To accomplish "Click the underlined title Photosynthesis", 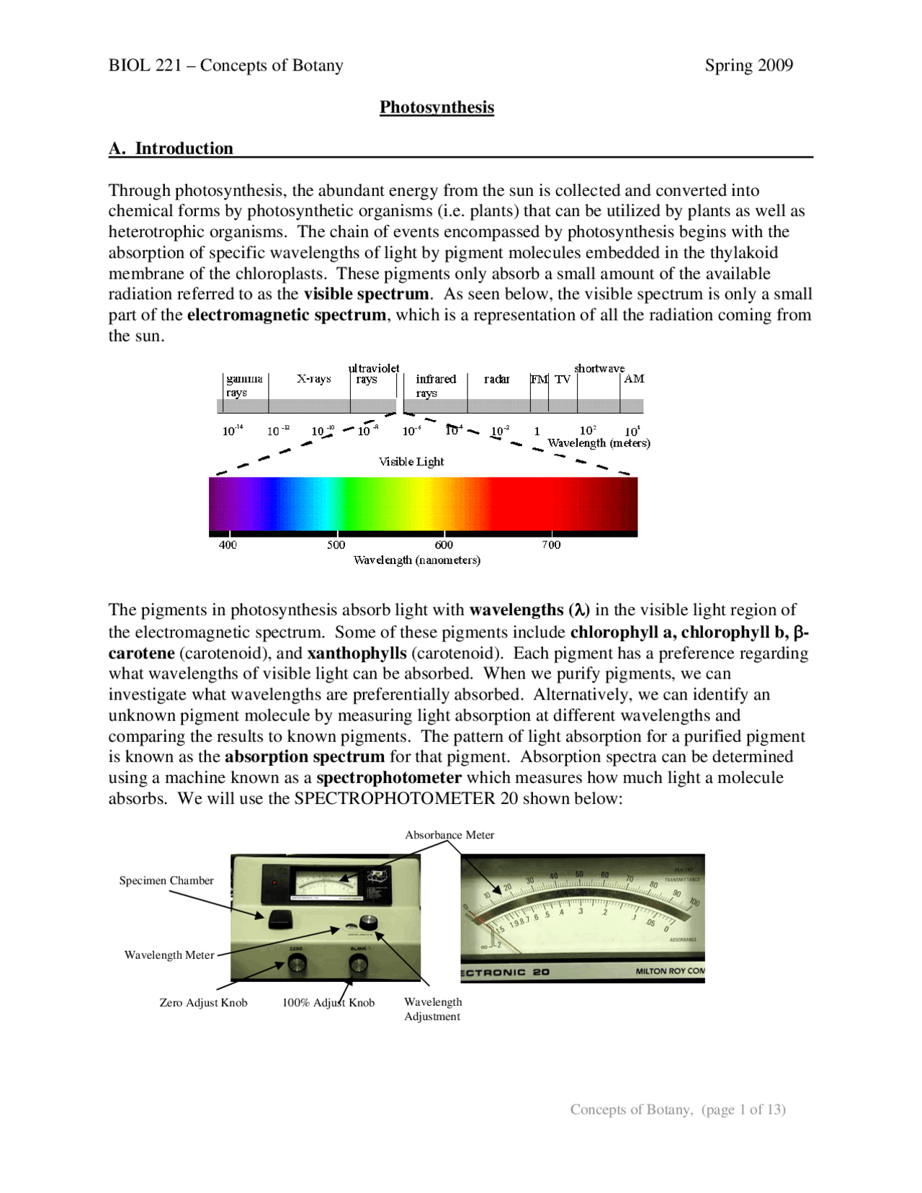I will click(x=437, y=107).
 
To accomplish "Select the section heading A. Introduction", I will click(x=171, y=148).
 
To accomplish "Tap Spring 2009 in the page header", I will click(x=748, y=66).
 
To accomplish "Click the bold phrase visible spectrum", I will click(x=366, y=294).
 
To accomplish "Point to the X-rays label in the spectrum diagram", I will click(x=313, y=379).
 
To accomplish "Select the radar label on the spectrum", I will click(x=496, y=379).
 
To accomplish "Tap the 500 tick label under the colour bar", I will click(x=336, y=545).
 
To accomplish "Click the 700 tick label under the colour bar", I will click(x=550, y=545).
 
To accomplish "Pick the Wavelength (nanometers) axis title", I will click(x=416, y=560).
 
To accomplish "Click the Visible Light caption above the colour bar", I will click(x=411, y=462).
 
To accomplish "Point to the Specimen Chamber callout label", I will click(x=166, y=880).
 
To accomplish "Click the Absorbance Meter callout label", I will click(x=449, y=835).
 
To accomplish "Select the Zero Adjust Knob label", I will click(x=203, y=1003).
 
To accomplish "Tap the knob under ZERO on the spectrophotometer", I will click(x=296, y=963).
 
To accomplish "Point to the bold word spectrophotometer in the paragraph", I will click(x=389, y=778).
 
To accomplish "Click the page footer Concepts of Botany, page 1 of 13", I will click(x=677, y=1109).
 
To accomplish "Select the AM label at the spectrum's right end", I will click(x=633, y=379).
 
